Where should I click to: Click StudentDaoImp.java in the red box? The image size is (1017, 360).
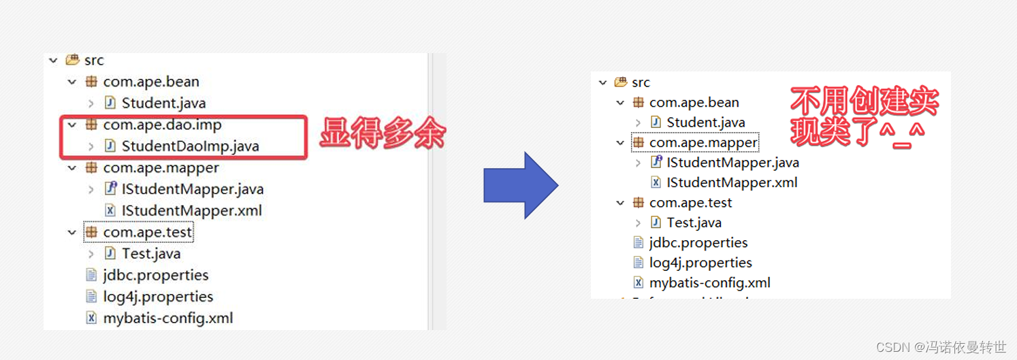190,146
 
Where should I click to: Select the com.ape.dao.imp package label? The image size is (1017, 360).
162,125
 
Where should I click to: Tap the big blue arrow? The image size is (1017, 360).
521,185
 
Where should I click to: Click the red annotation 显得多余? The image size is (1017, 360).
383,133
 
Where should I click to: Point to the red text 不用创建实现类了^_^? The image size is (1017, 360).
864,117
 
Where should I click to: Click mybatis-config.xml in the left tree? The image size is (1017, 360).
167,318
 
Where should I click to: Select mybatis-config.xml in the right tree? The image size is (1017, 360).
709,282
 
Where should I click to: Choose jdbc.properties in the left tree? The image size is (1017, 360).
155,275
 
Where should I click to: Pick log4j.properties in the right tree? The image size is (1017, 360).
700,263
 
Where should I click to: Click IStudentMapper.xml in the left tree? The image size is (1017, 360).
191,210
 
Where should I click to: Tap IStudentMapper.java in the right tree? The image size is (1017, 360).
732,163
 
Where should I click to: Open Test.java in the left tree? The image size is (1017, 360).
150,254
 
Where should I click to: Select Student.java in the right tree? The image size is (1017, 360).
705,122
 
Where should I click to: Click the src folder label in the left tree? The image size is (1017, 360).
94,61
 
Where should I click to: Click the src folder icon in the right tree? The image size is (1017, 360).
620,82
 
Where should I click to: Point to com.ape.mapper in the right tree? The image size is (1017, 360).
703,143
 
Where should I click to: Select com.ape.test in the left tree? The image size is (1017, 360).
148,232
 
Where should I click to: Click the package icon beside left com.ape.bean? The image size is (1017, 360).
91,82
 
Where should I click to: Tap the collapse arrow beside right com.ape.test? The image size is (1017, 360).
620,203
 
